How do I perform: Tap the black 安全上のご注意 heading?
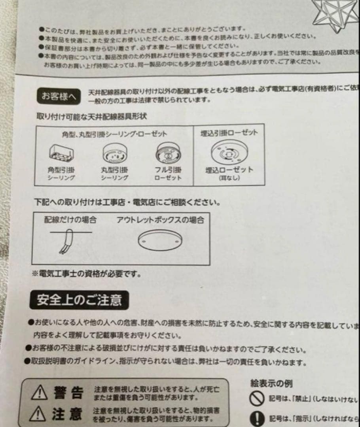point(79,300)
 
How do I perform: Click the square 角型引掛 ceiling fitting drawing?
point(61,153)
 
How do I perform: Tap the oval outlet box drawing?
point(160,242)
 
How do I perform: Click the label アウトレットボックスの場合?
point(160,220)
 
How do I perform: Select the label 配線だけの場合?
point(70,219)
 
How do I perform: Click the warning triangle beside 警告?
point(39,393)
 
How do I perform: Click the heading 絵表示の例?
point(272,383)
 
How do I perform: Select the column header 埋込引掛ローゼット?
point(229,132)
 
